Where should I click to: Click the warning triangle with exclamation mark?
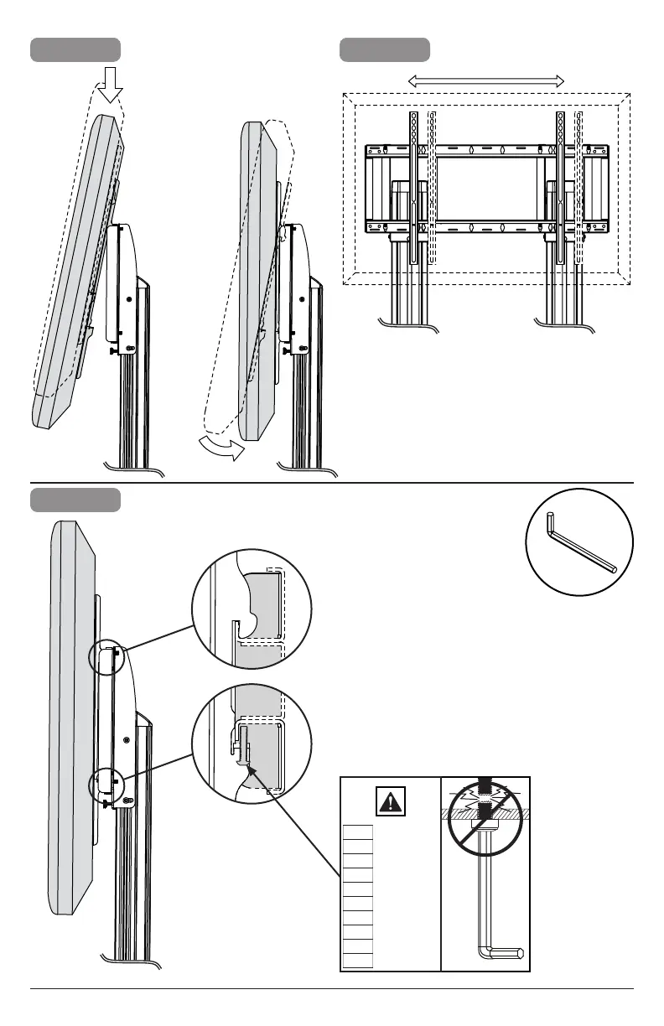tap(390, 802)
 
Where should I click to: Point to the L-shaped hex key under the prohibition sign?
tap(490, 922)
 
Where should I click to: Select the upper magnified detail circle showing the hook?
tap(252, 608)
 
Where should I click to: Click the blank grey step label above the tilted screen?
tap(75, 49)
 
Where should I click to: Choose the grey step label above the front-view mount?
tap(385, 49)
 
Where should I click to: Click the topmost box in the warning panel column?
tap(358, 831)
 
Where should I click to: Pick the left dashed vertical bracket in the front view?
tap(432, 189)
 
